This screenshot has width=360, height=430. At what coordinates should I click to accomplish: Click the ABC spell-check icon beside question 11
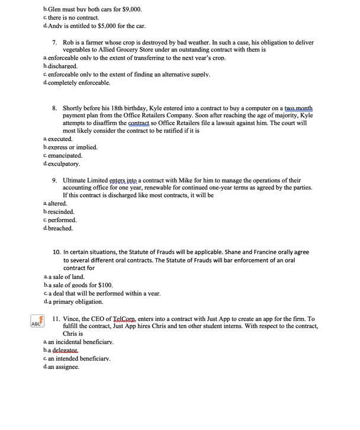pyautogui.click(x=37, y=322)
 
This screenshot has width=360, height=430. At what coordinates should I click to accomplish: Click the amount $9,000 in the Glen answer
pyautogui.click(x=131, y=9)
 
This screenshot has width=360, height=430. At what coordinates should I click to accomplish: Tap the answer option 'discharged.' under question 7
pyautogui.click(x=63, y=66)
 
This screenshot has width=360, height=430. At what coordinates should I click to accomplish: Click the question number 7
pyautogui.click(x=54, y=43)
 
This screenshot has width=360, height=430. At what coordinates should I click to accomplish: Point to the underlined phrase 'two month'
pyautogui.click(x=298, y=109)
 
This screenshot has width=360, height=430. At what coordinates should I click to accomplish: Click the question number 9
pyautogui.click(x=54, y=181)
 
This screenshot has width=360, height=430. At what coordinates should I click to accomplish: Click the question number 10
pyautogui.click(x=57, y=252)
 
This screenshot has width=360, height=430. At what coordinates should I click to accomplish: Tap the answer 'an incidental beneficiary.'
pyautogui.click(x=81, y=342)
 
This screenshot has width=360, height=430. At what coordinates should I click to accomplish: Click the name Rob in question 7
pyautogui.click(x=69, y=43)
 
